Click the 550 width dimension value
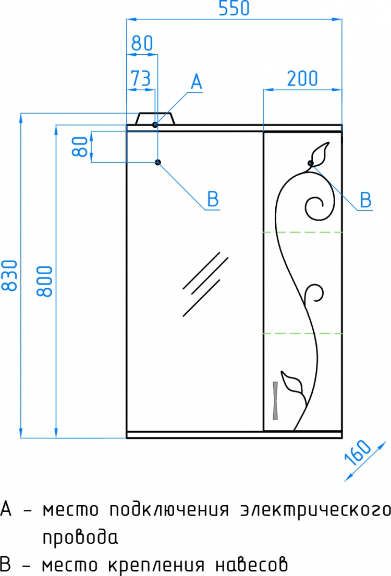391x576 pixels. point(234,8)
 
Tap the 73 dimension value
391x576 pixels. point(141,78)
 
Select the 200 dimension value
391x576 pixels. point(302,78)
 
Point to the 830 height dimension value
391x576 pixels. point(10,276)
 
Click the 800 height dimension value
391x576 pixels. point(44,281)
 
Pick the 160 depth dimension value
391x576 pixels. point(358,452)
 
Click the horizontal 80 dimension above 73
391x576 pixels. point(142,43)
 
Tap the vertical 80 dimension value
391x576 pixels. point(80,146)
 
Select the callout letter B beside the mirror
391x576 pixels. point(213,200)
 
